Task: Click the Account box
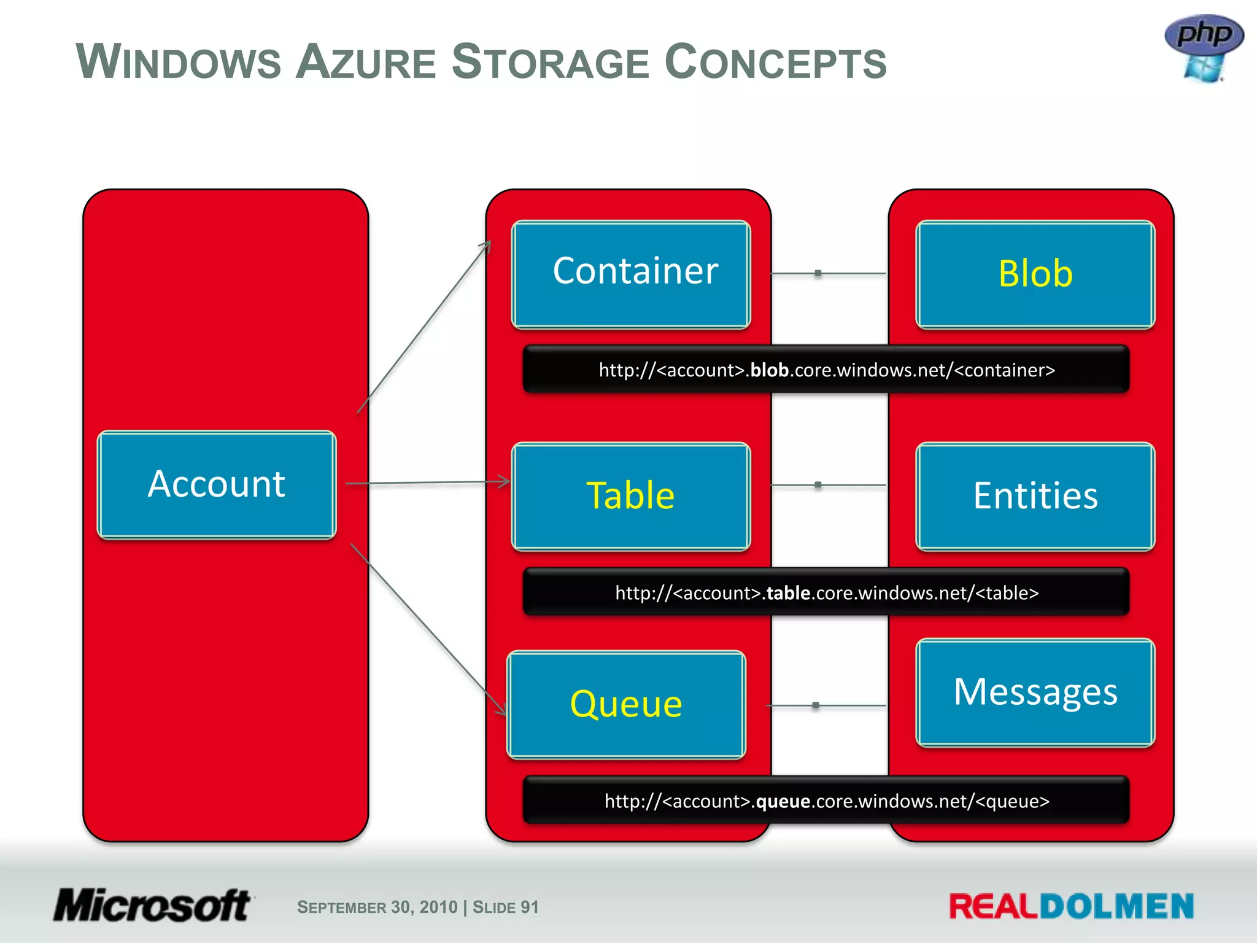pos(217,485)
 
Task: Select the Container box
pos(631,274)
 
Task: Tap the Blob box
pos(1035,274)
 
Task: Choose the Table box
pos(631,496)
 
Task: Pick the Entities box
pos(1035,496)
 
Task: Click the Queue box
pos(626,704)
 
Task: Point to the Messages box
pos(1035,693)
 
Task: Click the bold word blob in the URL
pos(769,370)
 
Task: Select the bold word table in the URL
pos(788,593)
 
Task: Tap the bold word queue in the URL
pos(783,801)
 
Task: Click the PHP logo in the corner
pos(1204,48)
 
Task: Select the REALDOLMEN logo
pos(1071,907)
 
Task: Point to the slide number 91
pos(529,907)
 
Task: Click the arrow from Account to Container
pos(424,327)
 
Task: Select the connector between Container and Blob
pos(828,273)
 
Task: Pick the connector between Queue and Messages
pos(826,705)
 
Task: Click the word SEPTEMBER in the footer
pos(341,907)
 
